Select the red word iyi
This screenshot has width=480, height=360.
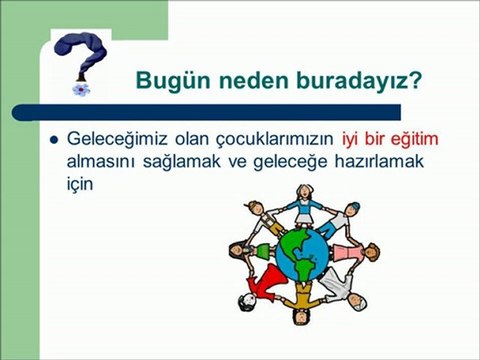point(352,137)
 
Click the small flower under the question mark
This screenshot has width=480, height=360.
point(79,87)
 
